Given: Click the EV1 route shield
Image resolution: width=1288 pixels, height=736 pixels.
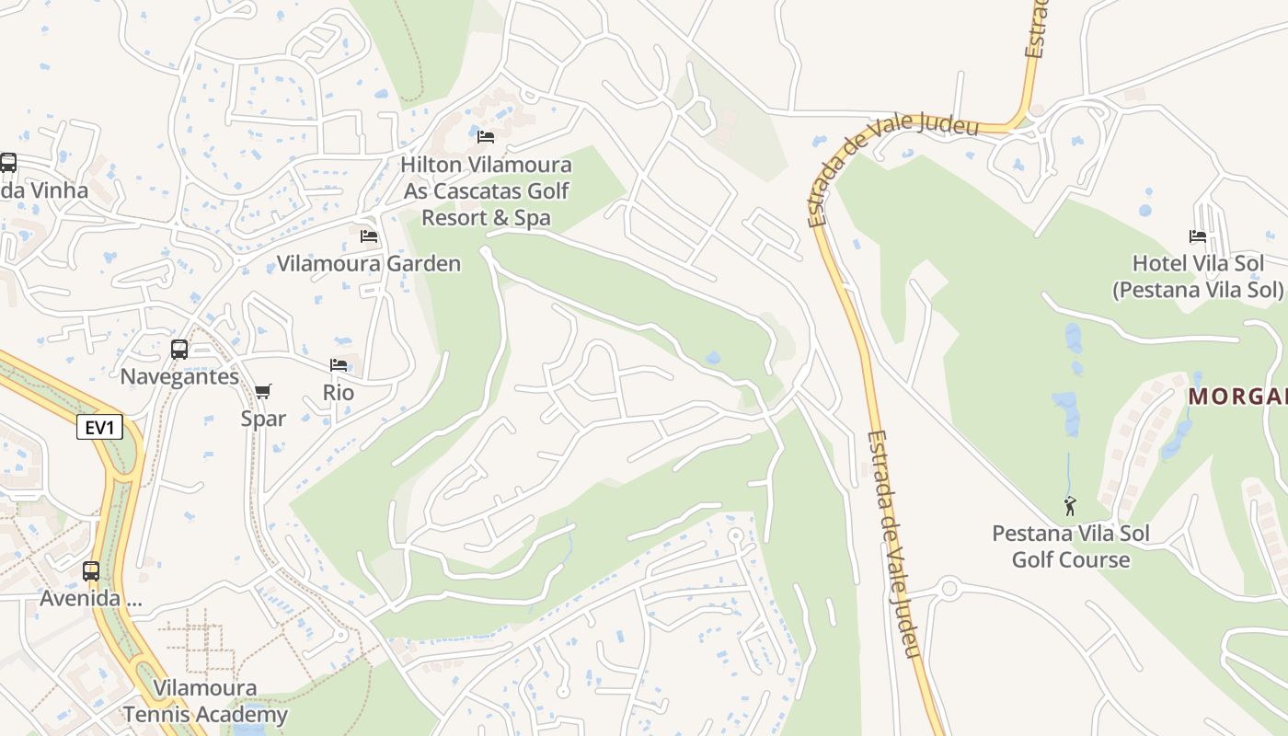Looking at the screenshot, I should click(99, 427).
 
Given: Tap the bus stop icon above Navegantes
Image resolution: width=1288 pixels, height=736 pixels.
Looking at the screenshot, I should click(179, 350).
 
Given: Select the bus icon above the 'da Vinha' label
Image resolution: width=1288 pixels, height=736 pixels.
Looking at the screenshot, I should click(8, 163).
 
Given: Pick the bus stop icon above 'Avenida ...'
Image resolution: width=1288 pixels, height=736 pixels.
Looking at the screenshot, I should click(91, 571).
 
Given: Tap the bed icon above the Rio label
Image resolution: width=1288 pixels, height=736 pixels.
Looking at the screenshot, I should click(339, 365).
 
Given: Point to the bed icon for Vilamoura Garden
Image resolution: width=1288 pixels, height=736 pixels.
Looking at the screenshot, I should click(369, 236).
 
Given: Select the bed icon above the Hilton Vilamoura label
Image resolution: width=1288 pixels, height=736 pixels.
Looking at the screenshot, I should click(486, 137).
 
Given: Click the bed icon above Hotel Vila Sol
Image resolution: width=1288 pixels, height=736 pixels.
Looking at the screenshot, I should click(1198, 236).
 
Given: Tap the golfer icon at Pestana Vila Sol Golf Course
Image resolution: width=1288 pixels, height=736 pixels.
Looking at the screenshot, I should click(1070, 506).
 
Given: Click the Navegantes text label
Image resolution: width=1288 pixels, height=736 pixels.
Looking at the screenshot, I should click(179, 376).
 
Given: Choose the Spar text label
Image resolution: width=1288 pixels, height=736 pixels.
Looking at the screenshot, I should click(263, 419).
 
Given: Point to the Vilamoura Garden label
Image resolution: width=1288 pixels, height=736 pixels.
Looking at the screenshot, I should click(369, 264).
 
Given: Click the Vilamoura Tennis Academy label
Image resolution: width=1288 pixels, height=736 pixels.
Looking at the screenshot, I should click(205, 701).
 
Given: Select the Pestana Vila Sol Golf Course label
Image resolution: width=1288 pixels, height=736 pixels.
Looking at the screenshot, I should click(1071, 546).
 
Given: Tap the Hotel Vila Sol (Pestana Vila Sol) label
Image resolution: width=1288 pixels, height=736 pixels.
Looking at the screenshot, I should click(1198, 276).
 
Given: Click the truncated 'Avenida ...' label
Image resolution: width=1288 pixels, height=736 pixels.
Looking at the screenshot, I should click(91, 599).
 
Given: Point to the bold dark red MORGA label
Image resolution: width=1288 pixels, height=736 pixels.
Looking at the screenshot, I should click(1237, 397).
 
